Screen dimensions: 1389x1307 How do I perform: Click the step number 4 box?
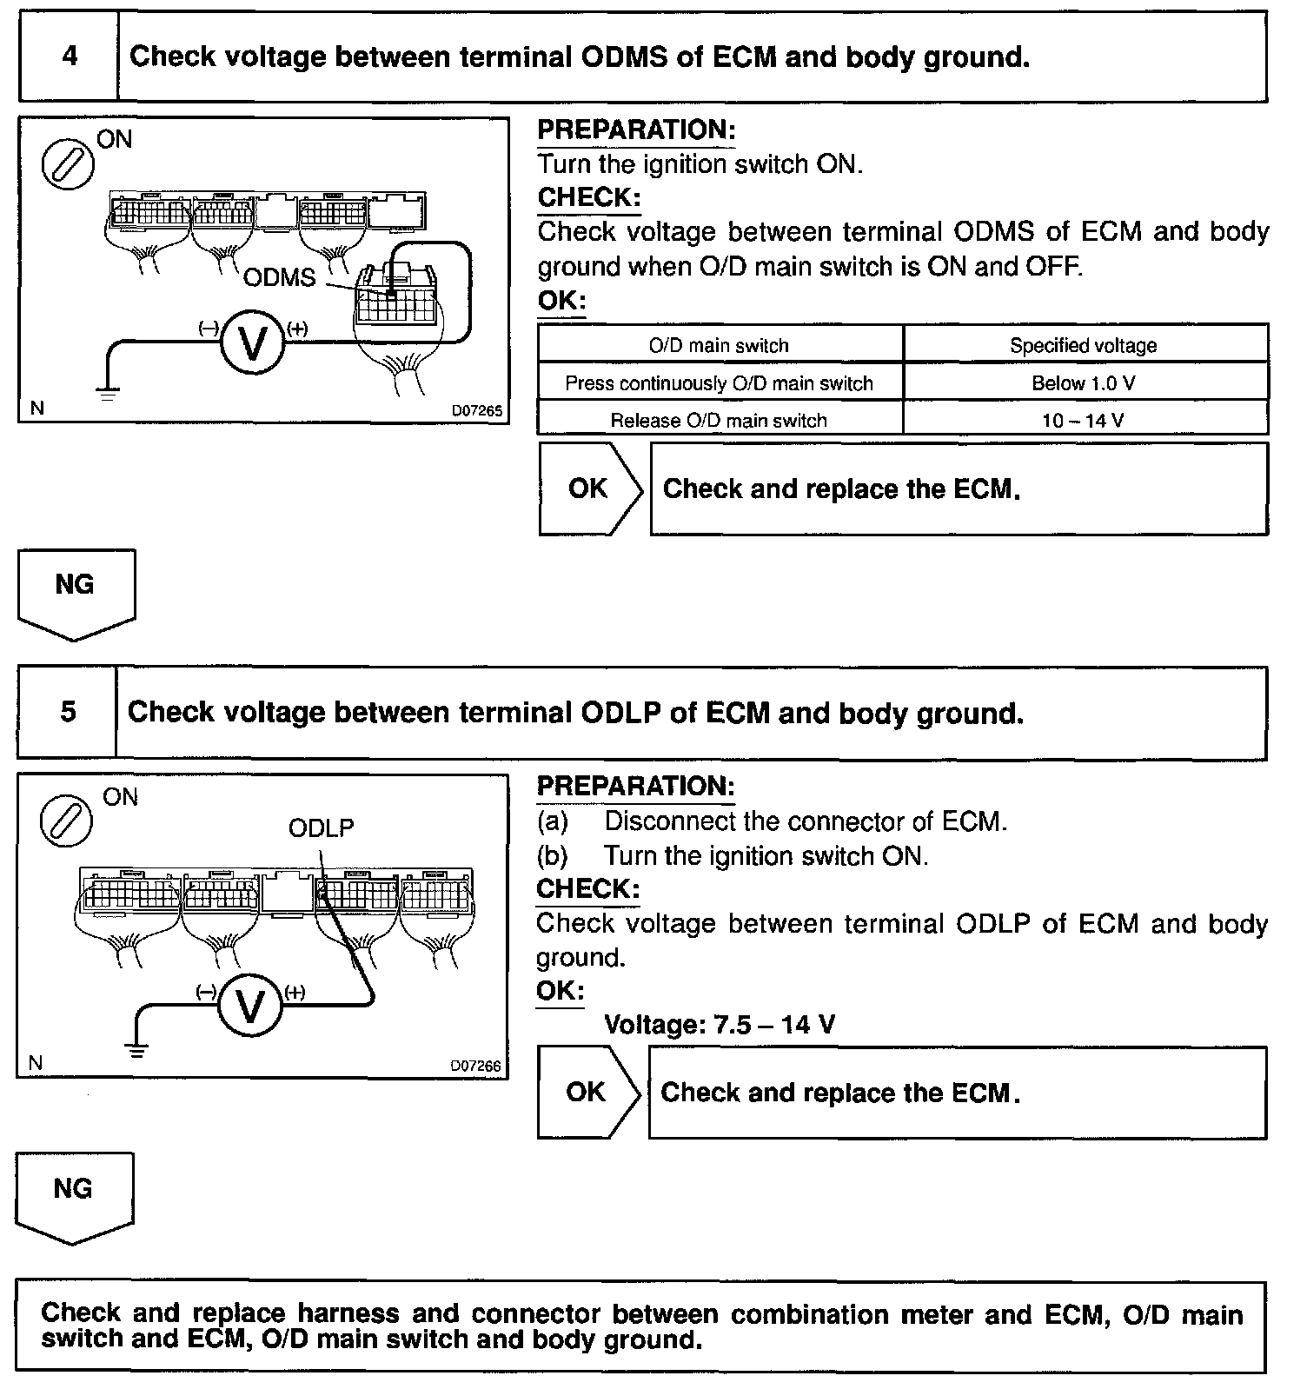pos(69,56)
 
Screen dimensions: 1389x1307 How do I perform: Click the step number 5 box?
pos(67,712)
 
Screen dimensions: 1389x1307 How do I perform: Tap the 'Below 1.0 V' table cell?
pos(1084,382)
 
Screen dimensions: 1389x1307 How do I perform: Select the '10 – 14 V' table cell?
pos(1084,421)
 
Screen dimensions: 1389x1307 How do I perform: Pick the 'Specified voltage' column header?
pos(1084,345)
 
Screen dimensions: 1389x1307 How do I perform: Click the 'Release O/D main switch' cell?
pos(719,421)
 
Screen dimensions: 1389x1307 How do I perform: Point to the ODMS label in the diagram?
pos(280,277)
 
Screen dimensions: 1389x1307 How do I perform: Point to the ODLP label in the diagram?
pos(321,828)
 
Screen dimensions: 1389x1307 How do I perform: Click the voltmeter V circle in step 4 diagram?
pos(253,344)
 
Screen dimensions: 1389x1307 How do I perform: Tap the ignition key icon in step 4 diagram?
pos(69,163)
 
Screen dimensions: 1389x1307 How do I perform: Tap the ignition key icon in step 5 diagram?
pos(67,821)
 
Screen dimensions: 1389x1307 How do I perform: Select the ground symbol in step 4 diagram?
pos(108,393)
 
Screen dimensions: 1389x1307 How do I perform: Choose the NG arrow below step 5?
pos(74,1196)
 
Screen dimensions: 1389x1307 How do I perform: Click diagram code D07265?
pos(476,410)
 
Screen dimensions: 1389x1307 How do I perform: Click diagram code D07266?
pos(475,1066)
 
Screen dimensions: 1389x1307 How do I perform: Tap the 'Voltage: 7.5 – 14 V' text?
pos(720,1025)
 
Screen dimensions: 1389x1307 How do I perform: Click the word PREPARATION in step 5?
pos(635,786)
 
